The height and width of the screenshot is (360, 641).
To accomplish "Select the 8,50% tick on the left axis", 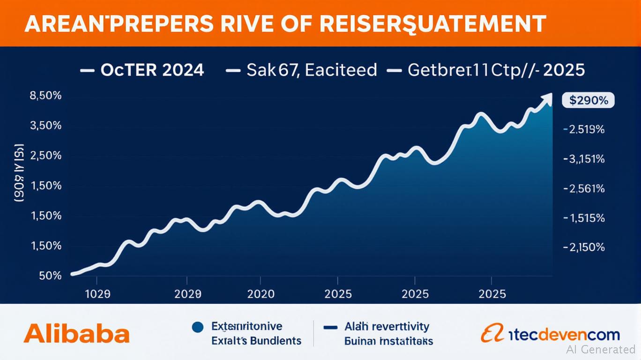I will click(x=45, y=96).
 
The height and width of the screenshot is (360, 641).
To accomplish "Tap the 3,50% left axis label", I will click(x=45, y=126).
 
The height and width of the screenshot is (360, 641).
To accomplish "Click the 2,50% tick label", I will click(x=45, y=156).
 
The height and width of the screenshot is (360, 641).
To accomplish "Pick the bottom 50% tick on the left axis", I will click(x=50, y=276).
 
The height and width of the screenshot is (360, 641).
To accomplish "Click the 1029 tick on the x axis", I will click(x=97, y=294).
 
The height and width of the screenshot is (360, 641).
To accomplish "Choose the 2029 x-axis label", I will click(x=187, y=294).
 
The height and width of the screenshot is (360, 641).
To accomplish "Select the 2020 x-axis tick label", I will click(x=261, y=294).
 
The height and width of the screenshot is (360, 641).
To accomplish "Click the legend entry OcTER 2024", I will click(x=152, y=70).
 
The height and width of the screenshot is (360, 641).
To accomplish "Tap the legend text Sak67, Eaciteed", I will click(x=311, y=70).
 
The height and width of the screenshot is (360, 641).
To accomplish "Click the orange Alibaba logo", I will click(x=76, y=334).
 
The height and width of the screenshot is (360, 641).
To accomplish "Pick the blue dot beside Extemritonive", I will click(x=197, y=327).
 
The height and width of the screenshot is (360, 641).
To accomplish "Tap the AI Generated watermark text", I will click(x=601, y=349).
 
